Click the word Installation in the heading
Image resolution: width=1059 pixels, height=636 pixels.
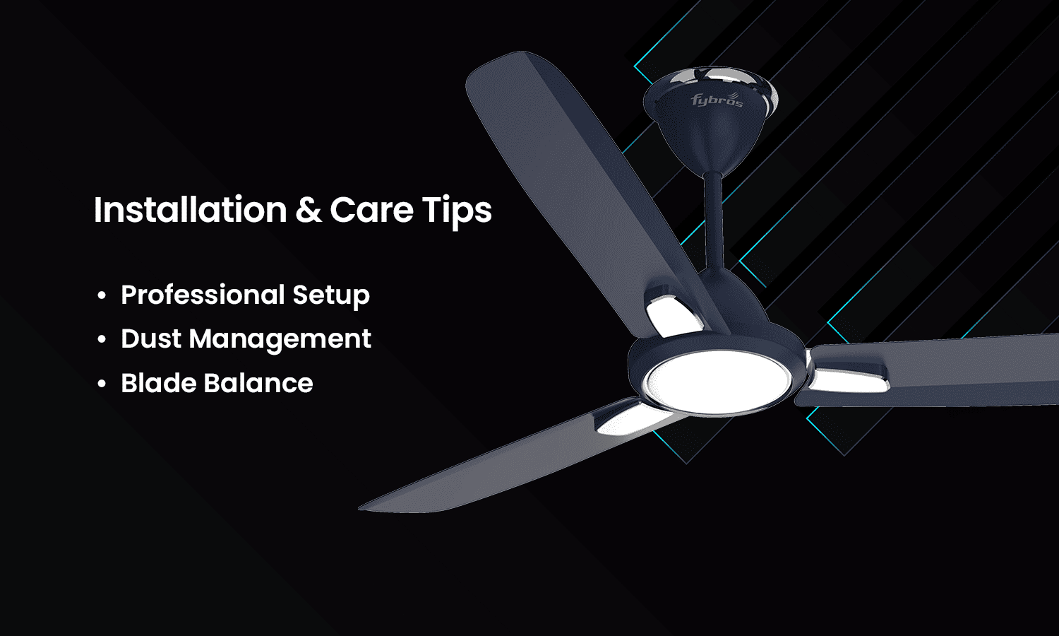(x=190, y=210)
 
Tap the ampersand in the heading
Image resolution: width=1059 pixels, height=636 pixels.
(x=308, y=210)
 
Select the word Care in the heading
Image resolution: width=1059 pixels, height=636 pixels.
(x=371, y=210)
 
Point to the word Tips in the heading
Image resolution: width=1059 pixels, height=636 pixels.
(x=457, y=211)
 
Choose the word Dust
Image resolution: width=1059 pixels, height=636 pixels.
(x=151, y=338)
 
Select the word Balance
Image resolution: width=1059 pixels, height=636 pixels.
(x=258, y=383)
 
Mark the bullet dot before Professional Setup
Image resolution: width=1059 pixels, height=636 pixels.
(x=102, y=295)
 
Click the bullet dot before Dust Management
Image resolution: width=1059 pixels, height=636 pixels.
(x=102, y=340)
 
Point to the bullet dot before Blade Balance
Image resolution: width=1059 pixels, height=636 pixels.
(x=102, y=384)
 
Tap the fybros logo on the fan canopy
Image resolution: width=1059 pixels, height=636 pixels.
(x=716, y=100)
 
